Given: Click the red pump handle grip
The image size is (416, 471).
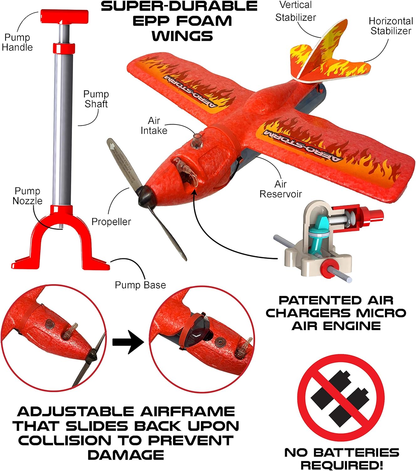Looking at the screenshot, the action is (x=64, y=16).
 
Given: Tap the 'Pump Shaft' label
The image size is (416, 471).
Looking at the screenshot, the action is (x=96, y=99).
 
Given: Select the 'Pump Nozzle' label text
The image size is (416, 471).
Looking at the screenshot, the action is (x=28, y=196).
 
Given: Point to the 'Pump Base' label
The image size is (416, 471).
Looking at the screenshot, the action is (x=140, y=285).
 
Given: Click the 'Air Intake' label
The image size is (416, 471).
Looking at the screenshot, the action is (x=154, y=125).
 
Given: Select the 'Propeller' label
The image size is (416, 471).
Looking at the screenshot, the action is (x=111, y=222).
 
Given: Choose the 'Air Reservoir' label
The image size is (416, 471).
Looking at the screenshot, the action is (x=280, y=189).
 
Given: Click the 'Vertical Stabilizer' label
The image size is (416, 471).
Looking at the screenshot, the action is (x=295, y=11).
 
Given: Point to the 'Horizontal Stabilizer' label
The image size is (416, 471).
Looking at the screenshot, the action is (x=391, y=26).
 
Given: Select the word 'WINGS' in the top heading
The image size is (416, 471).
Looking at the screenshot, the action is (x=182, y=35).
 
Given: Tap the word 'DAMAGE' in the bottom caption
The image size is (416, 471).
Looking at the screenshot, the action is (x=126, y=455).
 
